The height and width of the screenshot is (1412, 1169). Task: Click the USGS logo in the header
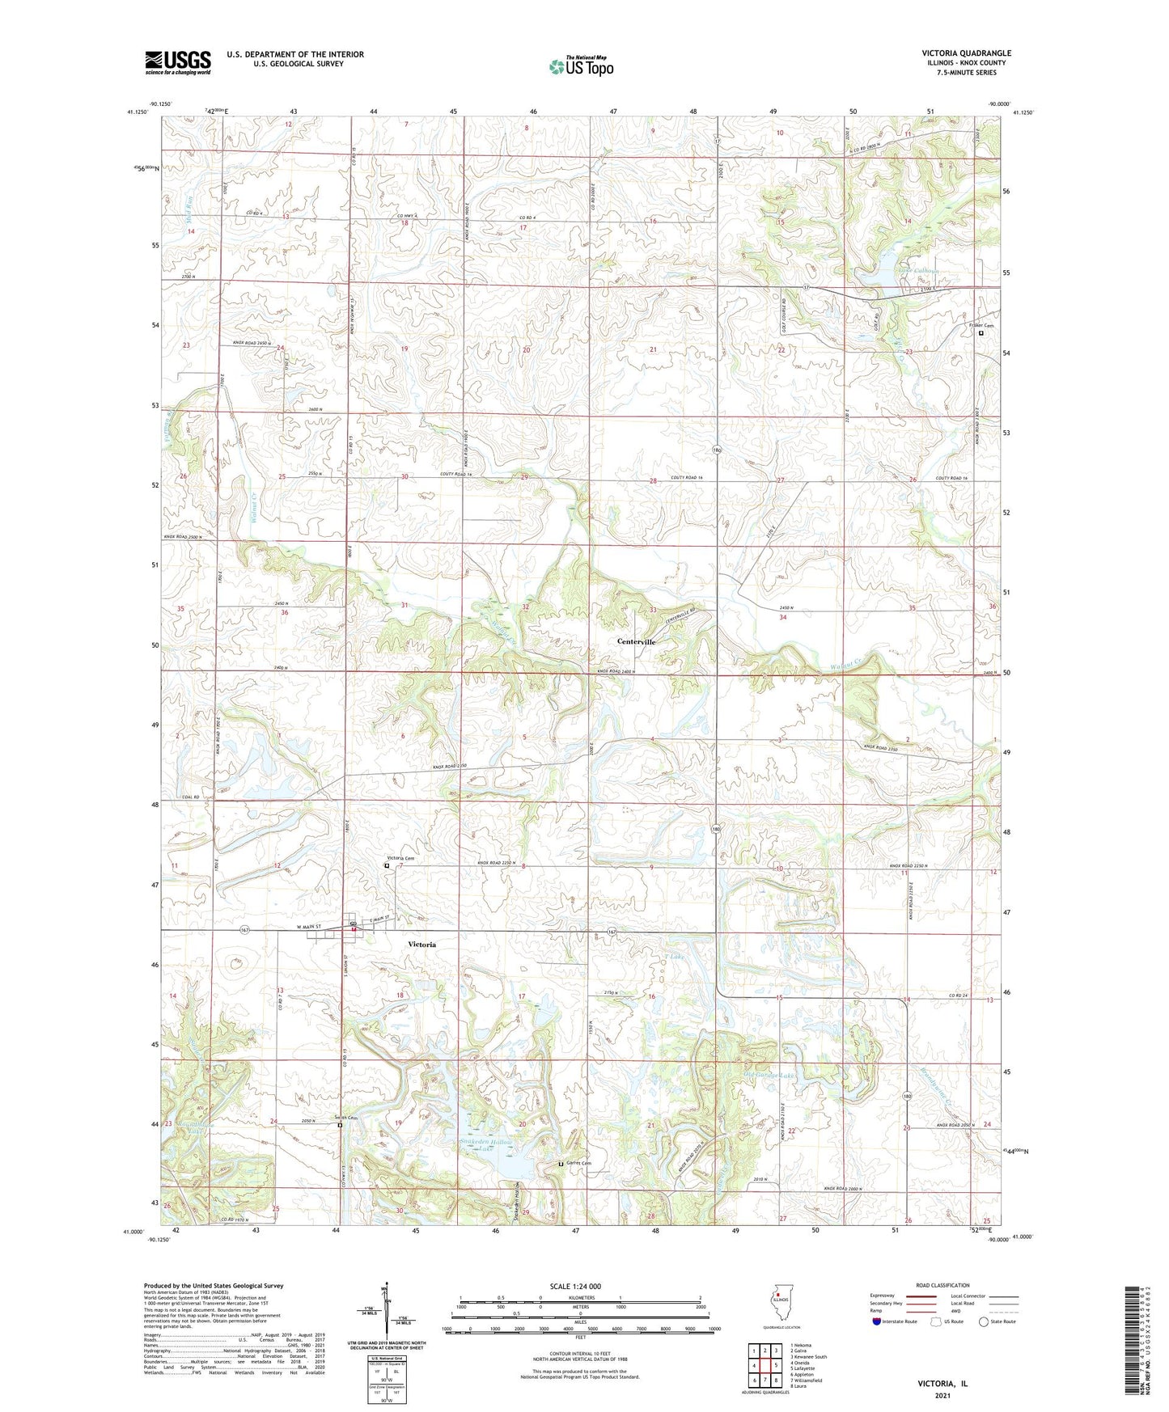point(178,62)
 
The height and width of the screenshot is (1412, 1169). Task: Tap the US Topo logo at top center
point(580,66)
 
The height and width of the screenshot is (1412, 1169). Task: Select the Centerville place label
point(636,641)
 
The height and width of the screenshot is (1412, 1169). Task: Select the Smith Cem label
point(348,1118)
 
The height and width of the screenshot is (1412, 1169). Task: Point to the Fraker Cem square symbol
point(981,333)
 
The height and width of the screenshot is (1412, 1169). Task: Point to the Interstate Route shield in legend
point(877,1344)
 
